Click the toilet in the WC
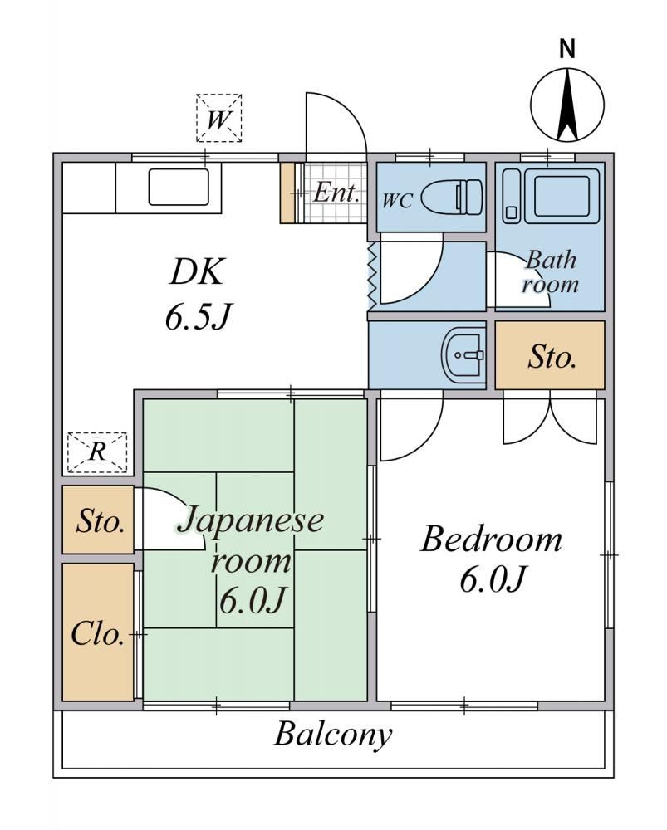click(453, 197)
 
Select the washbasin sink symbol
click(463, 354)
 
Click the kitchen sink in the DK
click(179, 187)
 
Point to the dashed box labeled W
click(218, 118)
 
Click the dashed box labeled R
click(97, 452)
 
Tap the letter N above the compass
click(566, 49)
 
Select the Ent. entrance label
click(336, 193)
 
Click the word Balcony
click(333, 735)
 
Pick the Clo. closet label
click(97, 633)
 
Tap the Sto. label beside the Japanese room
click(101, 521)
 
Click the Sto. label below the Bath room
click(552, 357)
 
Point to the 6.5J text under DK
click(198, 317)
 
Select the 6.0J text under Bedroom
click(492, 579)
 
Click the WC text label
click(397, 201)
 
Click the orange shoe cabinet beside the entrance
click(287, 193)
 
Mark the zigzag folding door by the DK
click(372, 276)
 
